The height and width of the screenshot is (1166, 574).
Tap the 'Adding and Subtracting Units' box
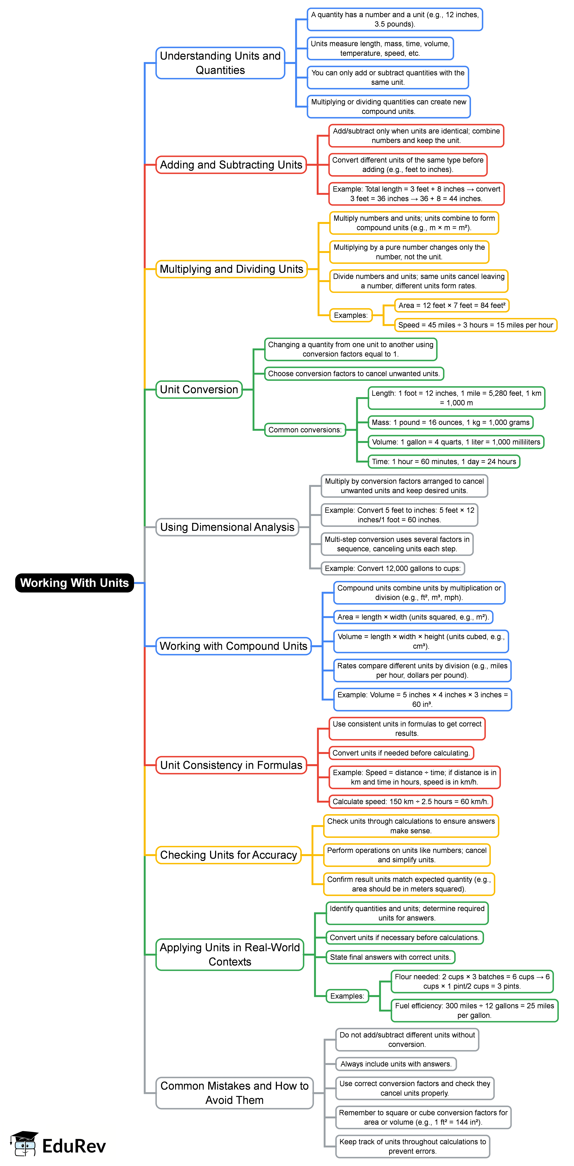pyautogui.click(x=231, y=165)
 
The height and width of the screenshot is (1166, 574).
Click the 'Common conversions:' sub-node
pyautogui.click(x=305, y=429)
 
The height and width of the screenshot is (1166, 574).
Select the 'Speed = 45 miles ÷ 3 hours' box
pyautogui.click(x=475, y=325)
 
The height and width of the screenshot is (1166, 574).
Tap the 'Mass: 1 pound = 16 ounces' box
pyautogui.click(x=450, y=422)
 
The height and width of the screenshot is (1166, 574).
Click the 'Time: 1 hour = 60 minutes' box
pyautogui.click(x=444, y=462)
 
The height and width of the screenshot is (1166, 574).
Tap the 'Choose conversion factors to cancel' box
pyautogui.click(x=354, y=373)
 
